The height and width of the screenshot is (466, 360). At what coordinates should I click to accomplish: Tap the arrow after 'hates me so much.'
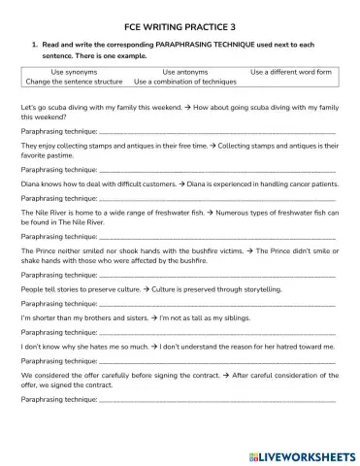click(152, 345)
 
